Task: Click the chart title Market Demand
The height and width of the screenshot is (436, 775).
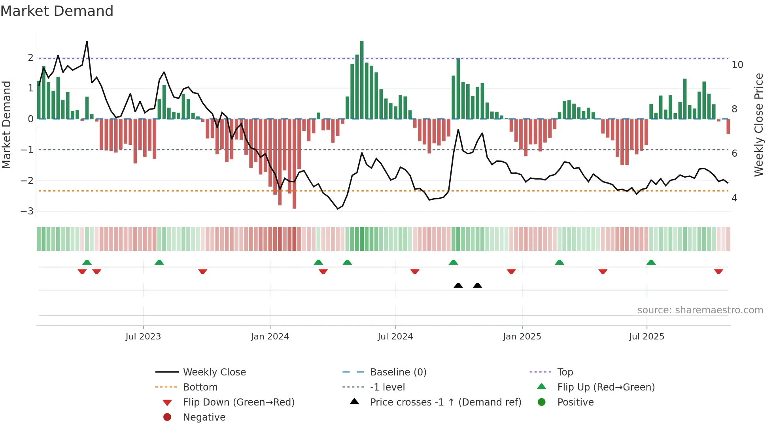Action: coord(57,11)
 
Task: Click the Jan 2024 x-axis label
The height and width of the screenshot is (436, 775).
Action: coord(270,337)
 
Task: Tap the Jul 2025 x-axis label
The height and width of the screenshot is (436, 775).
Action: coord(646,337)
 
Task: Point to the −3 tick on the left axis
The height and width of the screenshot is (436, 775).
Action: coord(27,211)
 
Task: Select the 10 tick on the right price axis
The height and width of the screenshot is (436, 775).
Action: coord(737,65)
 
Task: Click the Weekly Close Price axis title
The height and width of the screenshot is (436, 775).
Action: coord(758,125)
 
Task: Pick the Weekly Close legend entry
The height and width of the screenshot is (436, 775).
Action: coord(214,372)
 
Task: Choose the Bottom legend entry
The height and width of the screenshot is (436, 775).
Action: coord(200,387)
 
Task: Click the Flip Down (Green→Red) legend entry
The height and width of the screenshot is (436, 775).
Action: coord(238,402)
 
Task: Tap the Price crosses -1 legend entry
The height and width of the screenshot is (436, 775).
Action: coord(445,402)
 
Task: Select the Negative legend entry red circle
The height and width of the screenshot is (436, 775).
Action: coord(167,417)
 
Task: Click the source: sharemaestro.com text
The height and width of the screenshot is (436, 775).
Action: coord(700,310)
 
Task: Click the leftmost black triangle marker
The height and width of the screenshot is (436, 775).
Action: coord(458,285)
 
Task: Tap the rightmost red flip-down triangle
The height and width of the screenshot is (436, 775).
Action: coord(718,271)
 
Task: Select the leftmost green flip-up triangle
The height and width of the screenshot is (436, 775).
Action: coord(87,262)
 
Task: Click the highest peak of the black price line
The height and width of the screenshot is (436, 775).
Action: coord(87,42)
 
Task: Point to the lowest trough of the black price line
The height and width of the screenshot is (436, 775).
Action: coord(338,209)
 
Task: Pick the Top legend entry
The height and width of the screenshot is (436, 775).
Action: coord(565,372)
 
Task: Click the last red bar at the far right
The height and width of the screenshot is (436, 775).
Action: coord(728,127)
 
